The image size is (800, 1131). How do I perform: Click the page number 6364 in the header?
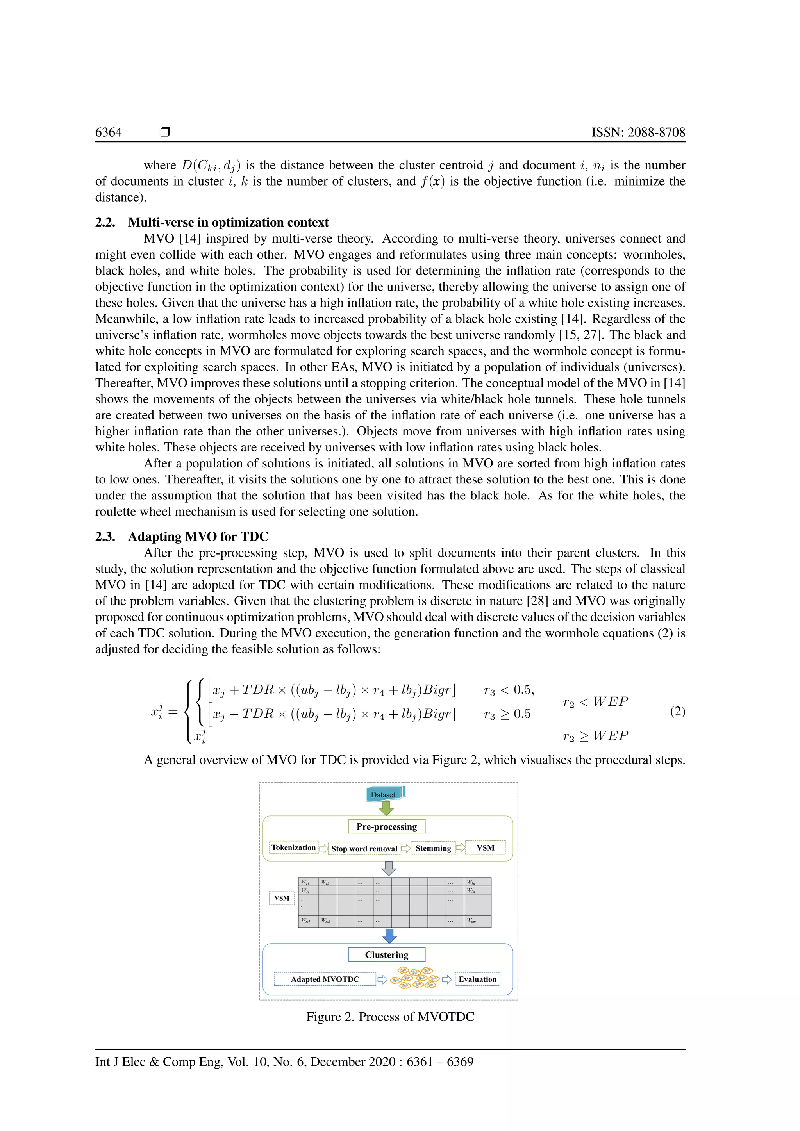tap(108, 132)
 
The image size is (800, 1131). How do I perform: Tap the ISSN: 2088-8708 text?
tap(638, 132)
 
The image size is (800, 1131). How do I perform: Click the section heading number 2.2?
tap(105, 222)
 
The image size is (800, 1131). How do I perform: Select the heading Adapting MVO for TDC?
tap(198, 537)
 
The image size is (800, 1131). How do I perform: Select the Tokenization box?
tap(294, 847)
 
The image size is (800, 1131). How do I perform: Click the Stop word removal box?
tap(364, 848)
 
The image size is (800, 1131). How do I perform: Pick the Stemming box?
tap(433, 848)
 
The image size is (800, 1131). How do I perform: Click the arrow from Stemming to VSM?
tap(461, 848)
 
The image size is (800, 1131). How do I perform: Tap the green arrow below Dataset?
tap(386, 808)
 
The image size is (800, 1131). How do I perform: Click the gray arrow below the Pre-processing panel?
tap(389, 868)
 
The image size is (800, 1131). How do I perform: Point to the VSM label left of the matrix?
tap(282, 898)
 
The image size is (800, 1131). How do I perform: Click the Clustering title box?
tap(387, 954)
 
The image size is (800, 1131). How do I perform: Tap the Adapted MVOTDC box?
tap(325, 979)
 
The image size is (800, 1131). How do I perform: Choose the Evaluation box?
tap(477, 979)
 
